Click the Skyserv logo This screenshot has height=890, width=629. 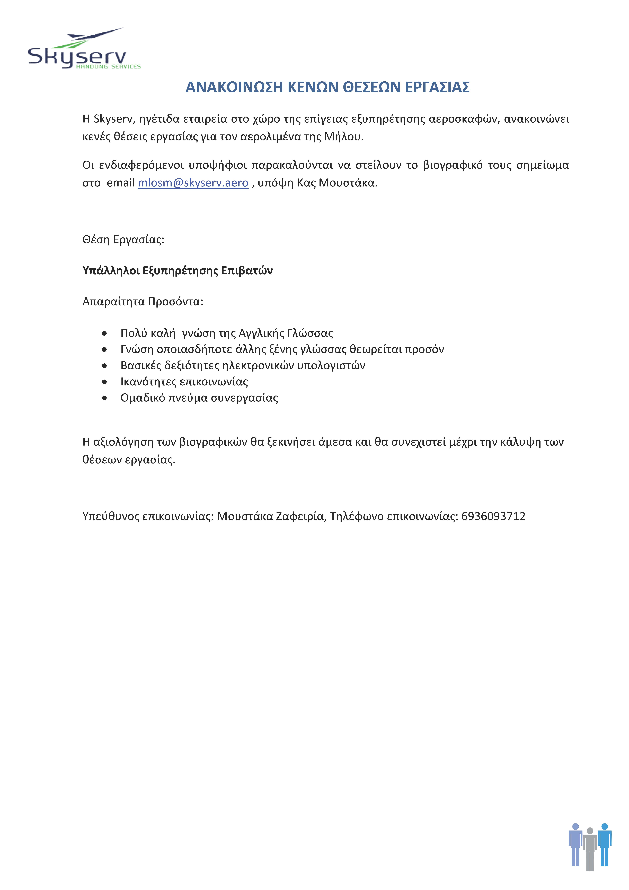(x=83, y=50)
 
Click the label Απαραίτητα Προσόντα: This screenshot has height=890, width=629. (x=143, y=302)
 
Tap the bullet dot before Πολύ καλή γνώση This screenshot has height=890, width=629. (x=104, y=333)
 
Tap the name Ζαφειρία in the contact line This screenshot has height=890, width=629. (x=301, y=516)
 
